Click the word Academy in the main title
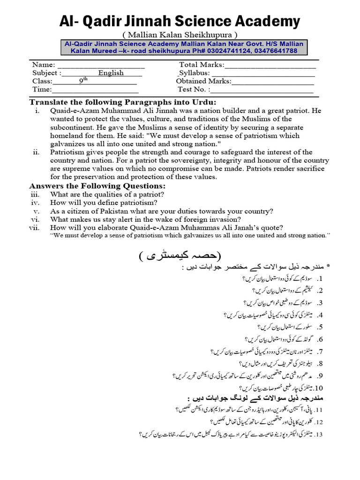coord(262,21)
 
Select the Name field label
coord(44,65)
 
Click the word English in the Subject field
coord(111,73)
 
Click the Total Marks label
coord(202,65)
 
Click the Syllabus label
coord(194,73)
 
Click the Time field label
coord(42,90)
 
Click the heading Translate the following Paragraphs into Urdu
coord(123,102)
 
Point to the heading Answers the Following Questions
coord(97,186)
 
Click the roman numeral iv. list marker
coord(35,203)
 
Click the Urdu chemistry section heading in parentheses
coord(180,256)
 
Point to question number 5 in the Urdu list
coord(320,327)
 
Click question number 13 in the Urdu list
coord(319,435)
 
